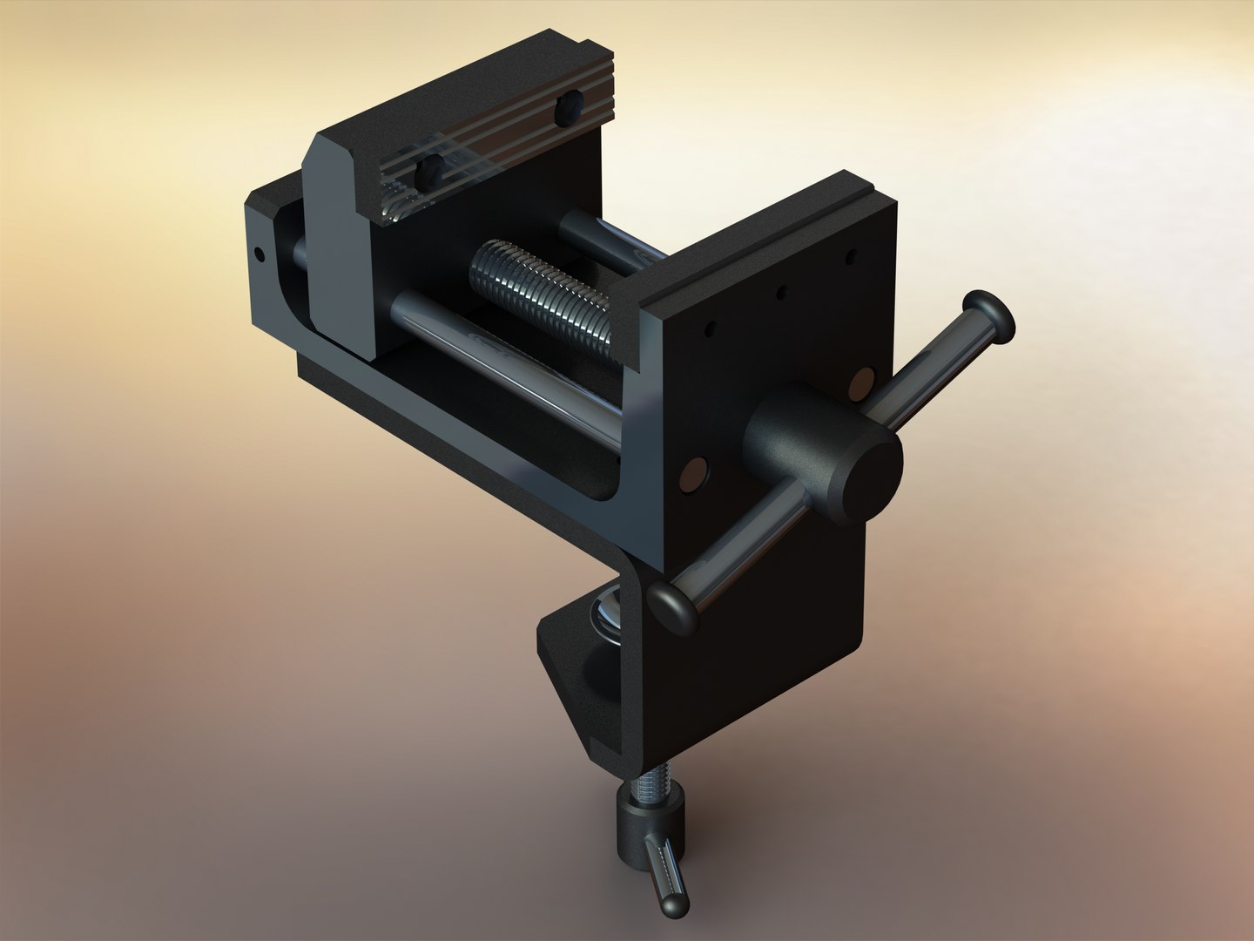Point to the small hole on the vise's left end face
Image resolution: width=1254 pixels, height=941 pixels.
point(259,254)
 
